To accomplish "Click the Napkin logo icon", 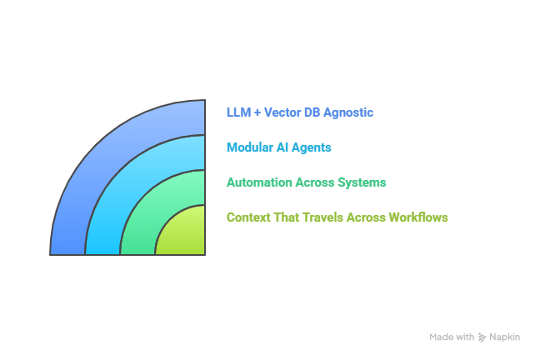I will [x=482, y=337].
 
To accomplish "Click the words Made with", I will [x=452, y=337].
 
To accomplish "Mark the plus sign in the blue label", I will [x=257, y=112].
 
